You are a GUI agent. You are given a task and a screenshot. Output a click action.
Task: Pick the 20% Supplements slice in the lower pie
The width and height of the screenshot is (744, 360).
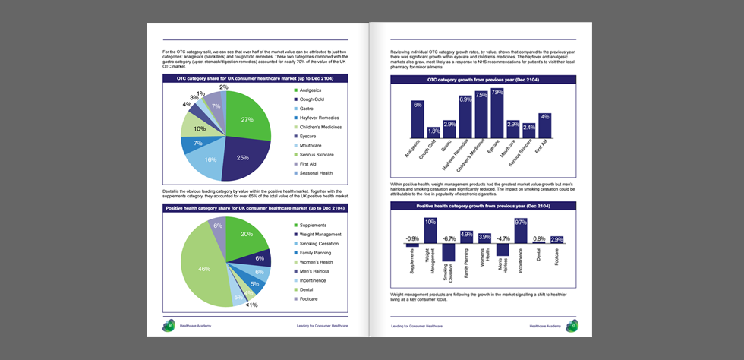pyautogui.click(x=244, y=235)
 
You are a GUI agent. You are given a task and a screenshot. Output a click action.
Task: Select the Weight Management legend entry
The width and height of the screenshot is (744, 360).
pyautogui.click(x=323, y=235)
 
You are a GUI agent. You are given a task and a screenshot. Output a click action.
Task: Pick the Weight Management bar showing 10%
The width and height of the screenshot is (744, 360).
pyautogui.click(x=430, y=231)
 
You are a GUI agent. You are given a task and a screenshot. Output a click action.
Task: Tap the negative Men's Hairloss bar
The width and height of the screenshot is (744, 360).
pyautogui.click(x=503, y=250)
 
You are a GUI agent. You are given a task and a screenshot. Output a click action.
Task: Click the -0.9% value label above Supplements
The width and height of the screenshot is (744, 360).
pyautogui.click(x=411, y=238)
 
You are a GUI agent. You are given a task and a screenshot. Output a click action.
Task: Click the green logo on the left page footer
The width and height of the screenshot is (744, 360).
pyautogui.click(x=168, y=325)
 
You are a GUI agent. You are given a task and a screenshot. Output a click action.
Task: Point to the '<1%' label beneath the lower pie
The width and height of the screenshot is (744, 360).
pyautogui.click(x=251, y=305)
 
